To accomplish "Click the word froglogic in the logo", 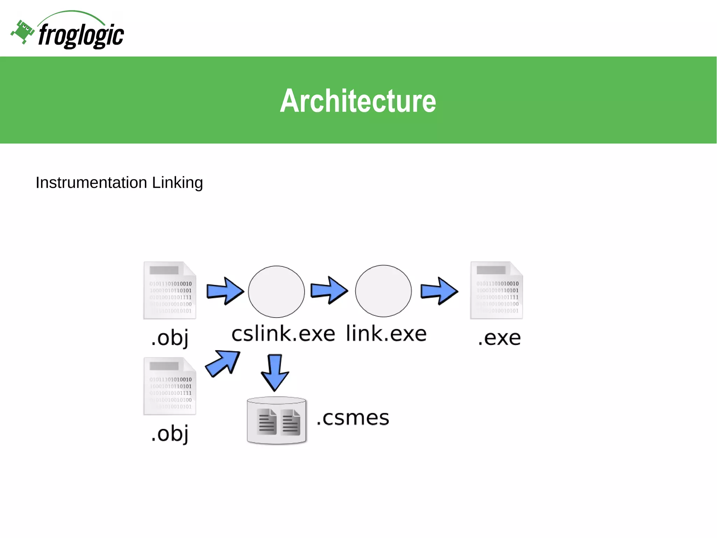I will (81, 35).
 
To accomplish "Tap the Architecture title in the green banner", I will (358, 101).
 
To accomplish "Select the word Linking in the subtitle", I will (177, 183).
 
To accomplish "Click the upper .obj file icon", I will (170, 290).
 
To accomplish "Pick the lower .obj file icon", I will (170, 386).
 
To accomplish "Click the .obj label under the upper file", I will (170, 338).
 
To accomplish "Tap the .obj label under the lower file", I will (170, 434).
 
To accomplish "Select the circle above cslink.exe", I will (276, 292).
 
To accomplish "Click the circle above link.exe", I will (383, 291).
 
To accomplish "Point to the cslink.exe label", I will (283, 333).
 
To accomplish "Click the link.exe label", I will (386, 333).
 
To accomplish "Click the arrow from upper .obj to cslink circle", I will (225, 291).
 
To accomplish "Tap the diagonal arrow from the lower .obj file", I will (223, 363).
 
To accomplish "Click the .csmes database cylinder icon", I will (277, 420).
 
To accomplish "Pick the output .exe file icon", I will (496, 290).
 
